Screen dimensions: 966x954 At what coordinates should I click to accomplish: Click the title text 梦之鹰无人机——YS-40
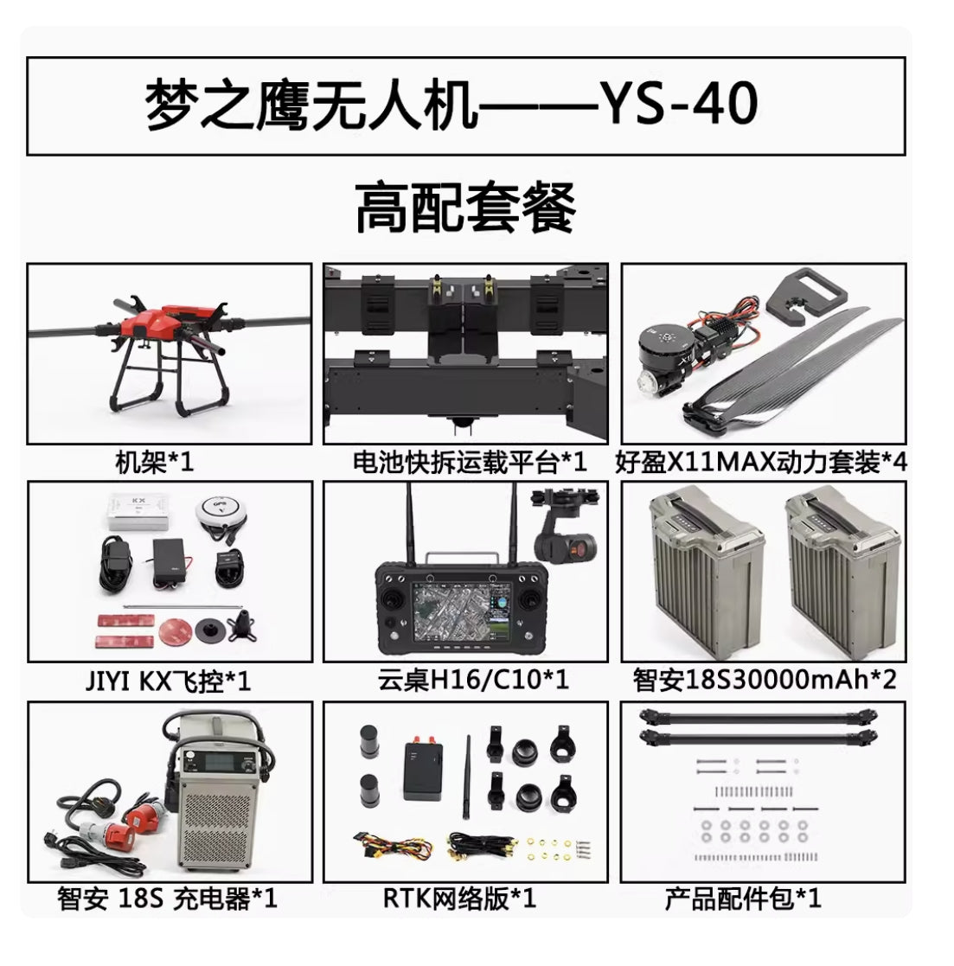point(451,106)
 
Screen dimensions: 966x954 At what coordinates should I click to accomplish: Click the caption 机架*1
point(155,462)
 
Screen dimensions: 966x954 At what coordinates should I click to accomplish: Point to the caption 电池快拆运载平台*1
point(469,462)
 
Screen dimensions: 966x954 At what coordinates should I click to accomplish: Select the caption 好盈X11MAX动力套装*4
point(761,462)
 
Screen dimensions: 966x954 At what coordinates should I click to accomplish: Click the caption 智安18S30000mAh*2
point(764,680)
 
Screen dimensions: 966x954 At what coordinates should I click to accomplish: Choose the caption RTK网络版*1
point(460,899)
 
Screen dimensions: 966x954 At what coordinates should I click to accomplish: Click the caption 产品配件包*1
point(742,899)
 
